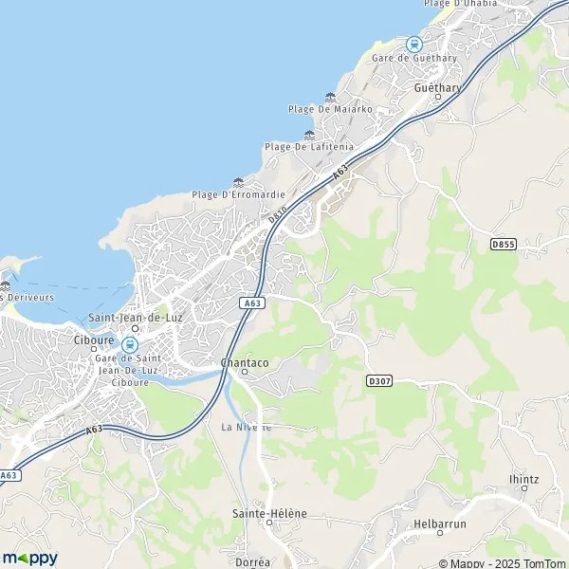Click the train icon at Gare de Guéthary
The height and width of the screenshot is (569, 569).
pyautogui.click(x=413, y=44)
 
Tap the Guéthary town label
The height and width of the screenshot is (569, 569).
pyautogui.click(x=437, y=87)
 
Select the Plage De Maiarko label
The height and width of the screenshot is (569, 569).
pyautogui.click(x=330, y=109)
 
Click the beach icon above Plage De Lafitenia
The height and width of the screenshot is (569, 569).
pyautogui.click(x=309, y=135)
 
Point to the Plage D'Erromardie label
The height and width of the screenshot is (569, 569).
pyautogui.click(x=238, y=194)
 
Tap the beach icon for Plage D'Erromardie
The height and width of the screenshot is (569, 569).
pyautogui.click(x=238, y=182)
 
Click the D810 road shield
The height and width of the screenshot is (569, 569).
pyautogui.click(x=277, y=217)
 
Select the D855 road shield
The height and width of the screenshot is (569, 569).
pyautogui.click(x=503, y=244)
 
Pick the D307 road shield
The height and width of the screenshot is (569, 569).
pyautogui.click(x=378, y=380)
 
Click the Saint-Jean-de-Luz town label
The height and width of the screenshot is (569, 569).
pyautogui.click(x=134, y=318)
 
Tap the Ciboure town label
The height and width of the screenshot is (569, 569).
pyautogui.click(x=94, y=339)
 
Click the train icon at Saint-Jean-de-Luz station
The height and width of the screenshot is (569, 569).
pyautogui.click(x=130, y=345)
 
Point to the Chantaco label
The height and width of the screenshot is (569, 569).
pyautogui.click(x=243, y=362)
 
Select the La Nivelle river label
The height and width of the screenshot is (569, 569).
pyautogui.click(x=247, y=427)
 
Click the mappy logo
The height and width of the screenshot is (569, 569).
pyautogui.click(x=30, y=558)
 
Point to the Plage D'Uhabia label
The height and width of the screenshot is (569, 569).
pyautogui.click(x=460, y=4)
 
